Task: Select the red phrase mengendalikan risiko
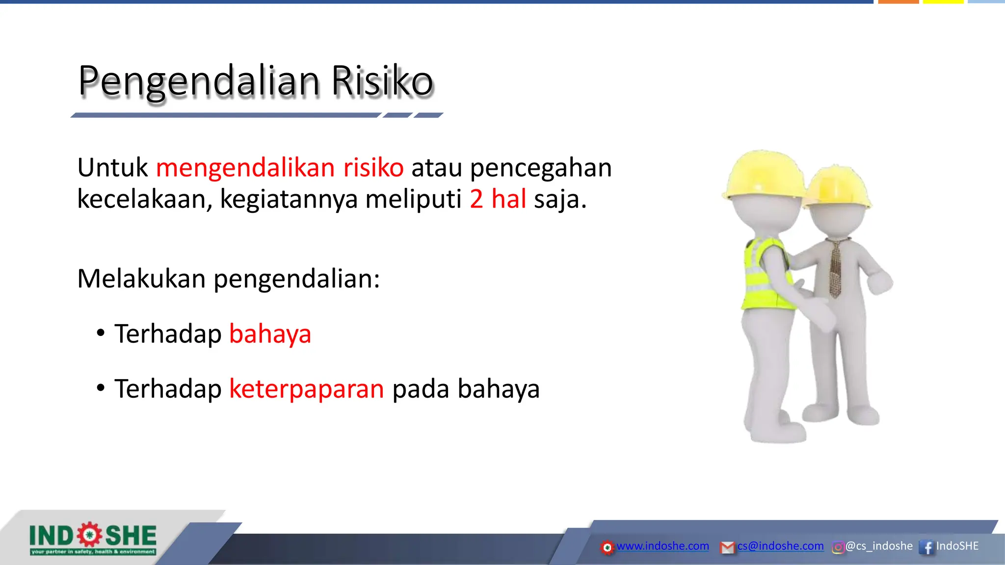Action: [x=280, y=168]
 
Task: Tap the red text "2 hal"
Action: [x=498, y=199]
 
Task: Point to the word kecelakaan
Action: [x=145, y=199]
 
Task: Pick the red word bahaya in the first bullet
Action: [x=270, y=334]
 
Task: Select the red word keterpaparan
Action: [x=306, y=389]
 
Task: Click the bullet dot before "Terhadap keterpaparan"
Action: [x=101, y=388]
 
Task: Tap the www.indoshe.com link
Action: [x=662, y=546]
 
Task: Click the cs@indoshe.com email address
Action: [x=780, y=546]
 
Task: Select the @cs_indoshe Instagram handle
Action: [x=879, y=546]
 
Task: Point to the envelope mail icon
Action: [x=727, y=547]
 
